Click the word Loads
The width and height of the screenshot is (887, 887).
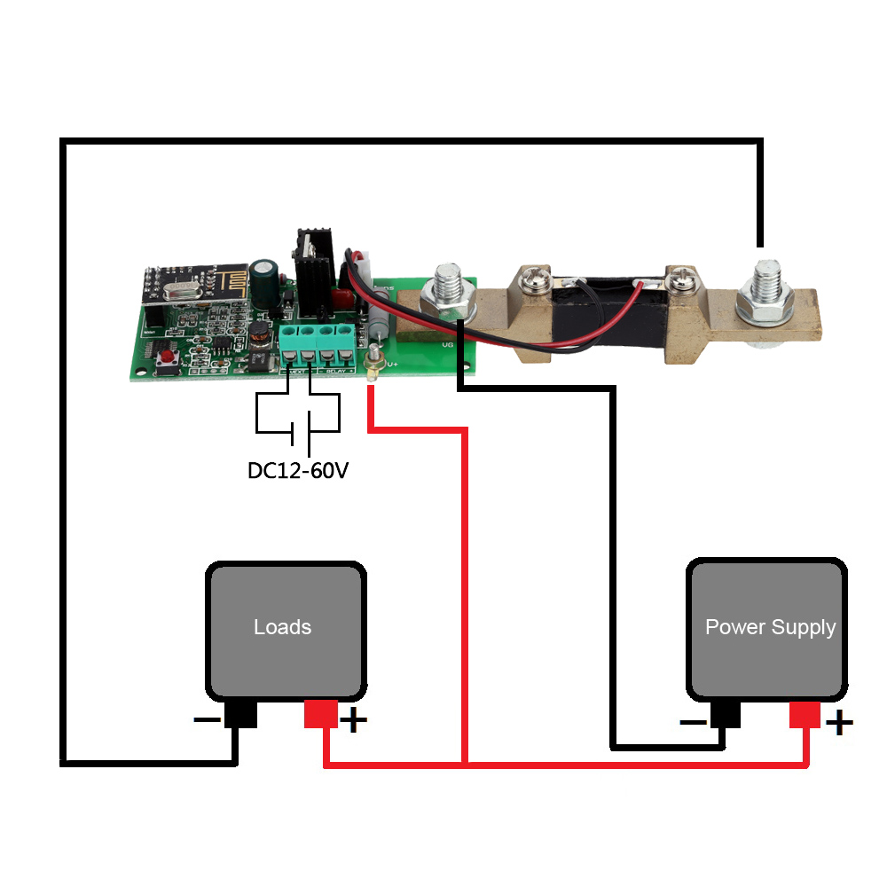(x=282, y=627)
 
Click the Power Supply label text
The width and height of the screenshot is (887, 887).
(x=770, y=627)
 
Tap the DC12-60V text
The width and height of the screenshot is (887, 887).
(x=298, y=470)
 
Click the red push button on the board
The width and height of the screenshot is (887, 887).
(x=166, y=358)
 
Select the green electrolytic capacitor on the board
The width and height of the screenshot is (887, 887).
(x=263, y=277)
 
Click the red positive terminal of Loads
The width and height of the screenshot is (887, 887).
(x=319, y=714)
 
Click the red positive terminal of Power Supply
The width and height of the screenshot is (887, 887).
(x=805, y=714)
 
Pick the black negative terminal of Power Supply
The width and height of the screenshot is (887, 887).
(x=726, y=714)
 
